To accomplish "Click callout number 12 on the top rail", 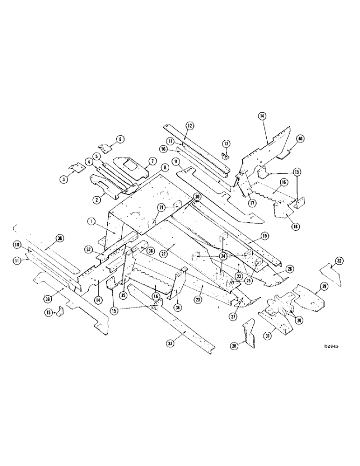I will (190, 126).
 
